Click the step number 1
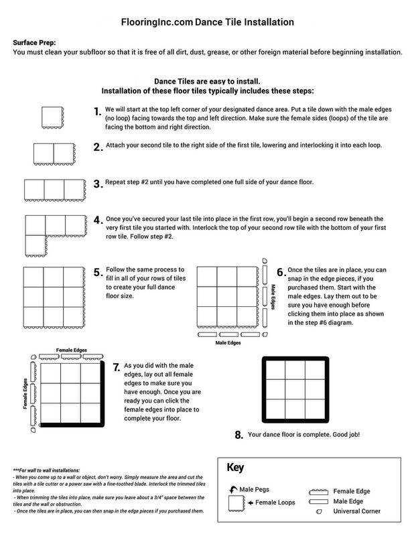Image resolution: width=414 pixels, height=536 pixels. pos(97,112)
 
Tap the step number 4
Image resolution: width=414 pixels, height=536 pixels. pos(98,220)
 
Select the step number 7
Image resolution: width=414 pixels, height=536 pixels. pos(117,368)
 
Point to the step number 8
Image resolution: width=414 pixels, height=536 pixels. pos(238,435)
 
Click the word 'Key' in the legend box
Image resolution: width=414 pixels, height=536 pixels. pos(236,467)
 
